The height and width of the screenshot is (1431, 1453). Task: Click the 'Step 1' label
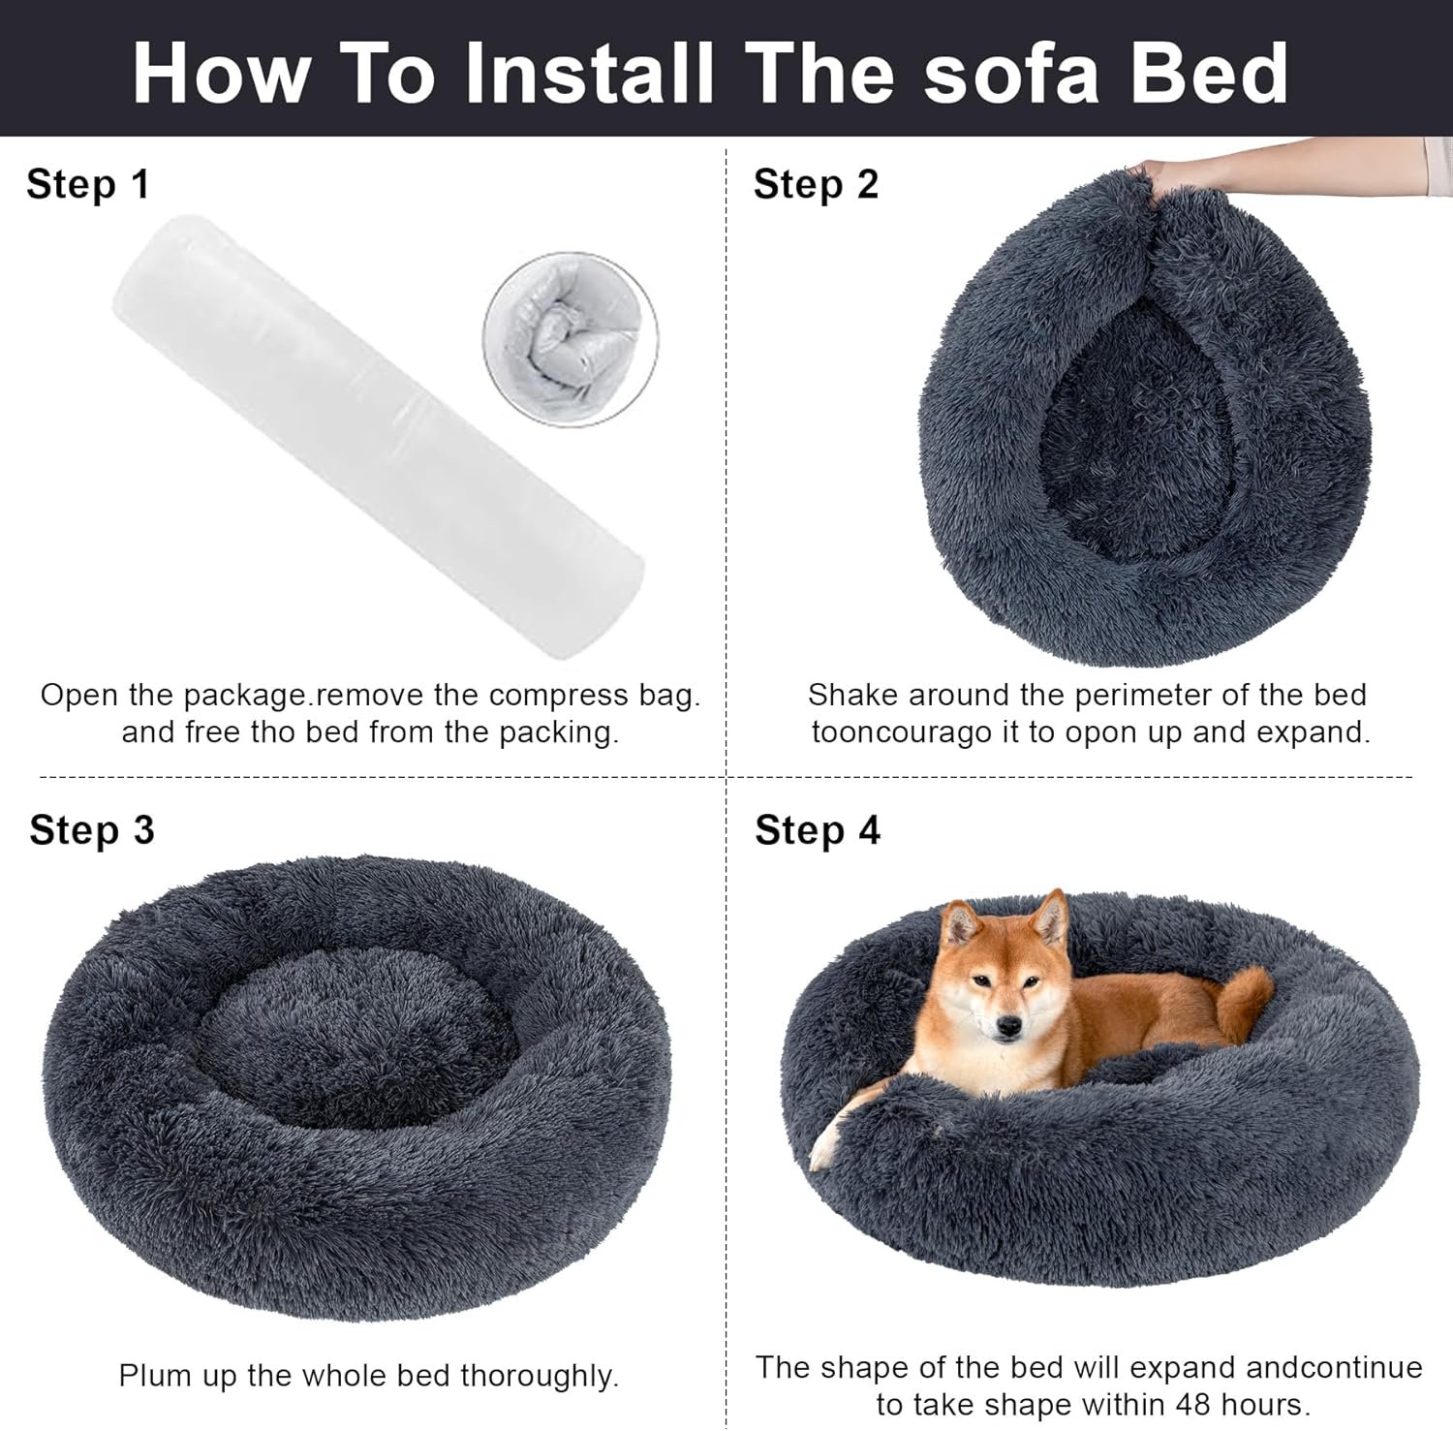[x=88, y=184]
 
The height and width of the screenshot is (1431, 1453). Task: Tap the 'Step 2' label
[x=816, y=184]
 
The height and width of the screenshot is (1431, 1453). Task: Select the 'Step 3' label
[x=92, y=830]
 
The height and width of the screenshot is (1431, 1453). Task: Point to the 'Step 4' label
[x=818, y=830]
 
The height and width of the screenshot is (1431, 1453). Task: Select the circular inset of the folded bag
[x=571, y=339]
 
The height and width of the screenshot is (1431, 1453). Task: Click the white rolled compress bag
[x=379, y=437]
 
